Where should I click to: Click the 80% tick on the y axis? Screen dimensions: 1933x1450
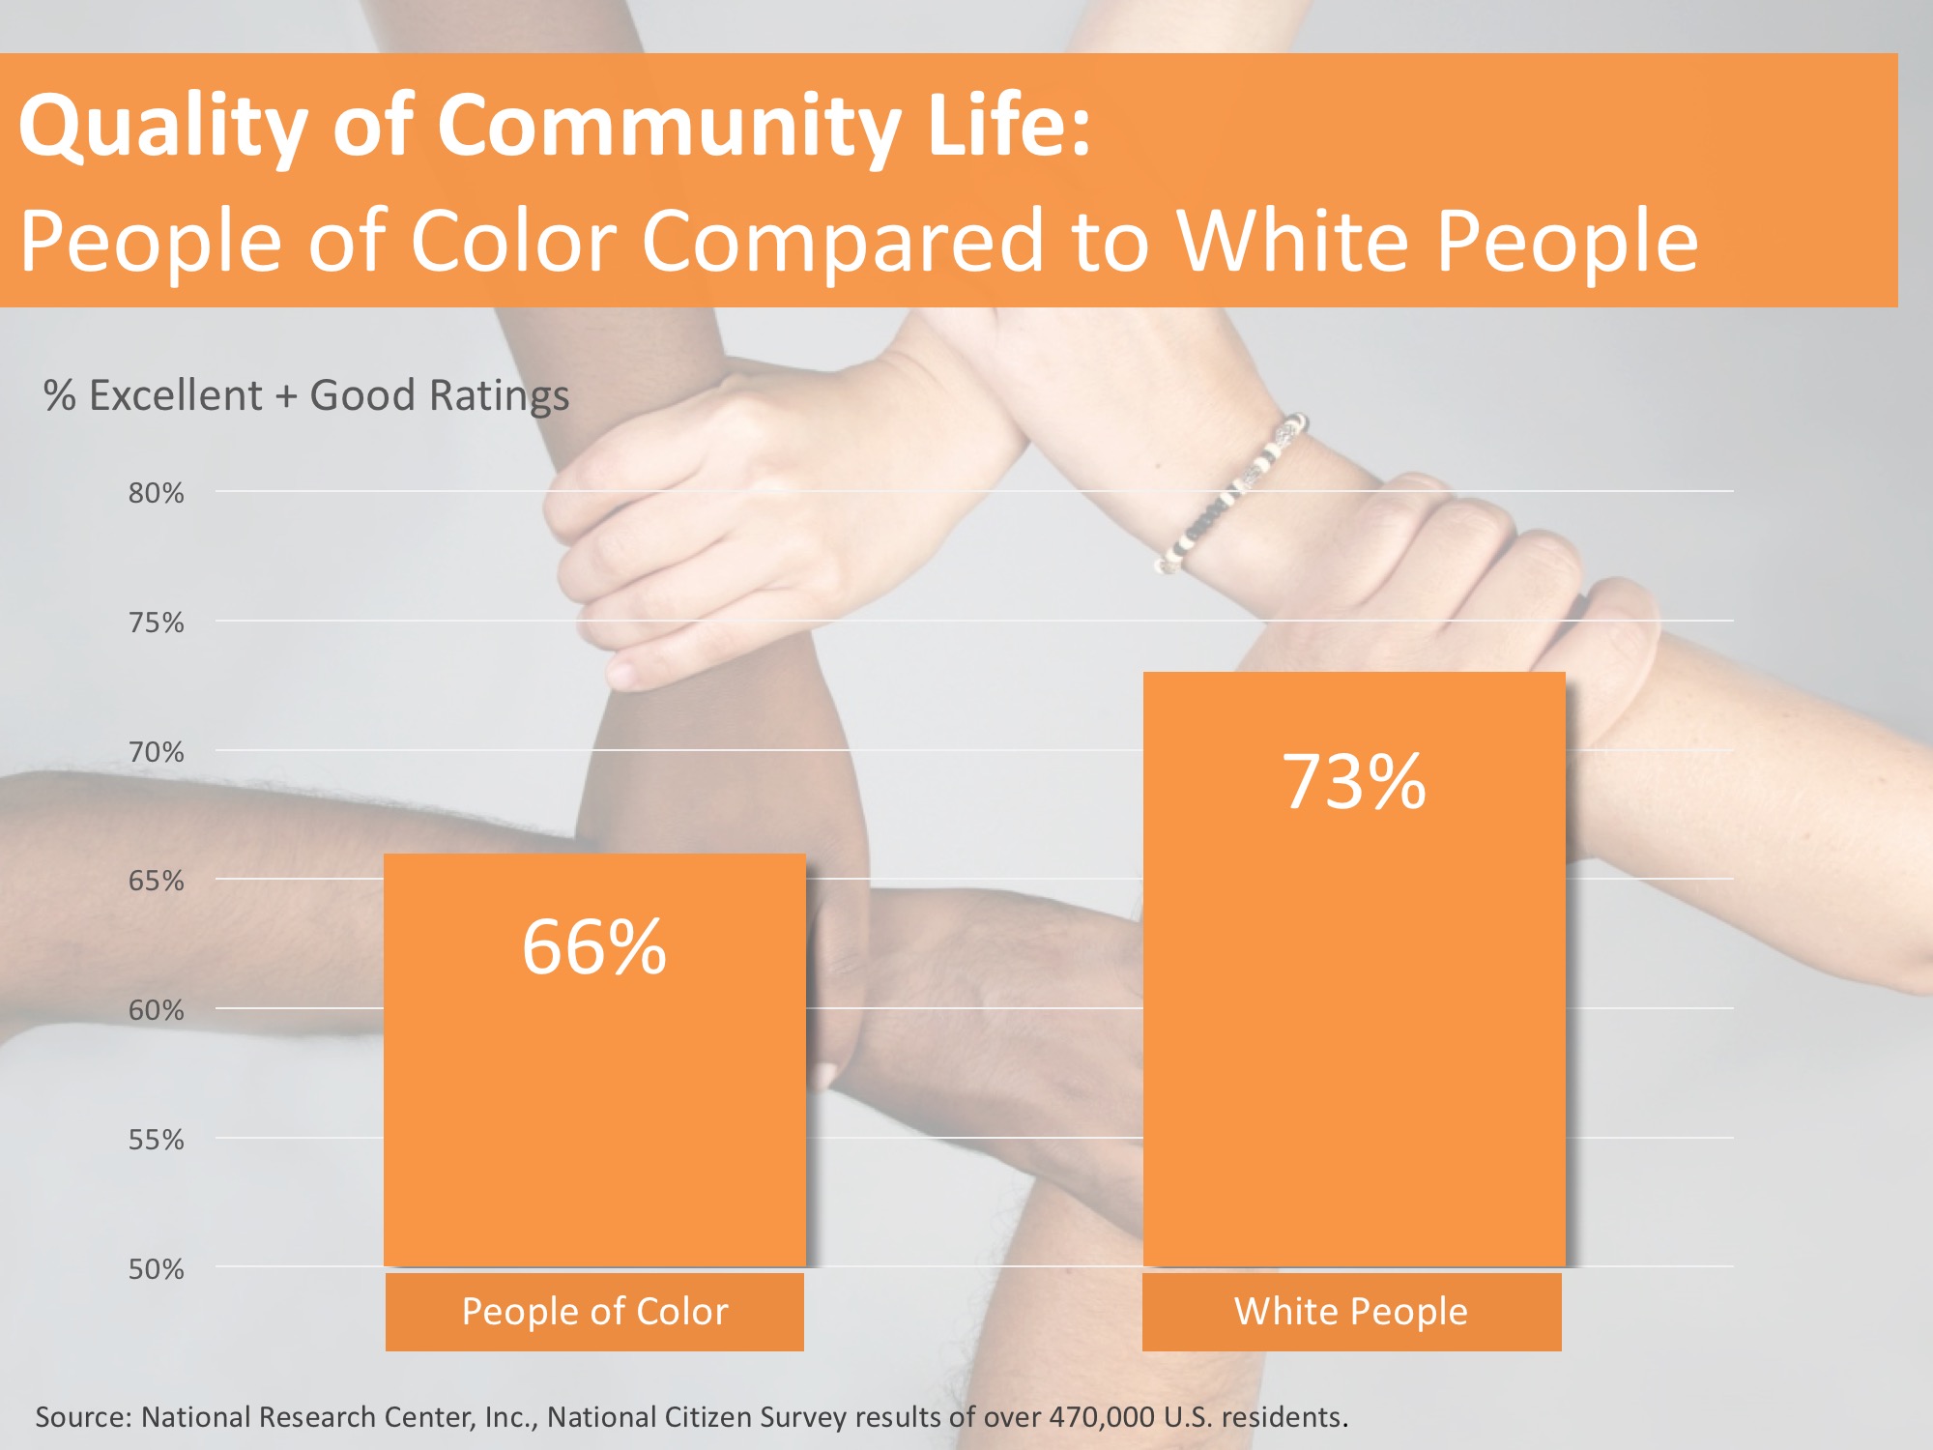(x=156, y=493)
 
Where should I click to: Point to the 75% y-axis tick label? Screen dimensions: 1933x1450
(x=156, y=623)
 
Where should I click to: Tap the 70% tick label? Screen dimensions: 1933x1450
(x=156, y=752)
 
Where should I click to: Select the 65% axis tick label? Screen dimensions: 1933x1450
(x=156, y=881)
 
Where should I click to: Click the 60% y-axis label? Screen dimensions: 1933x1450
(x=156, y=1010)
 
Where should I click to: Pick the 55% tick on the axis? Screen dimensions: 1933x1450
(x=156, y=1140)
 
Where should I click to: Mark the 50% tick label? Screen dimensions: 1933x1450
(x=156, y=1269)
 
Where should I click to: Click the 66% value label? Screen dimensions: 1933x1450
(x=594, y=946)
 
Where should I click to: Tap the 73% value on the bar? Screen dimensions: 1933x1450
(x=1354, y=781)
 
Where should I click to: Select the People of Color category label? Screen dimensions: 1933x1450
(x=594, y=1312)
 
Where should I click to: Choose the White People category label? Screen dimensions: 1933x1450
(x=1351, y=1312)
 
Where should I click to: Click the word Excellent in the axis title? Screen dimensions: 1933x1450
(x=175, y=395)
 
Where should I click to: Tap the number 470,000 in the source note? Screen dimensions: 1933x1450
(x=1102, y=1417)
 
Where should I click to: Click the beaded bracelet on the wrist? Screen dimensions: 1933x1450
(x=1233, y=494)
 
